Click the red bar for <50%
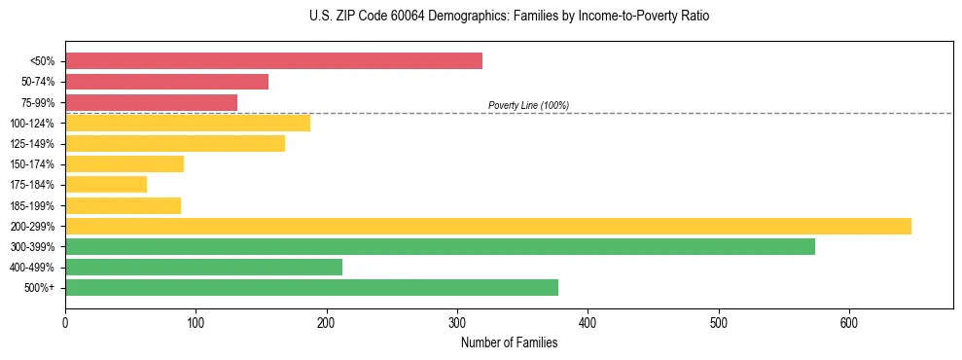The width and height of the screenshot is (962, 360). pos(273,61)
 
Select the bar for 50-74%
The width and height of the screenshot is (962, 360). pos(166,82)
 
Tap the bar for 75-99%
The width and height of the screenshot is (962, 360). pos(151,102)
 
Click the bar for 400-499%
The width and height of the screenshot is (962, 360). pos(203,267)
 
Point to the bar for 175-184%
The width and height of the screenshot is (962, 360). pos(106,184)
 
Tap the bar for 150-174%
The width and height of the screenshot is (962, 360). pos(125,163)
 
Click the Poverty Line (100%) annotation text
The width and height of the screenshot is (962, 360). pos(528,105)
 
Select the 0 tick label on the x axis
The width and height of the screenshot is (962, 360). pos(65,321)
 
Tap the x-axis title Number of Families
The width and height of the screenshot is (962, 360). pos(509,342)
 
